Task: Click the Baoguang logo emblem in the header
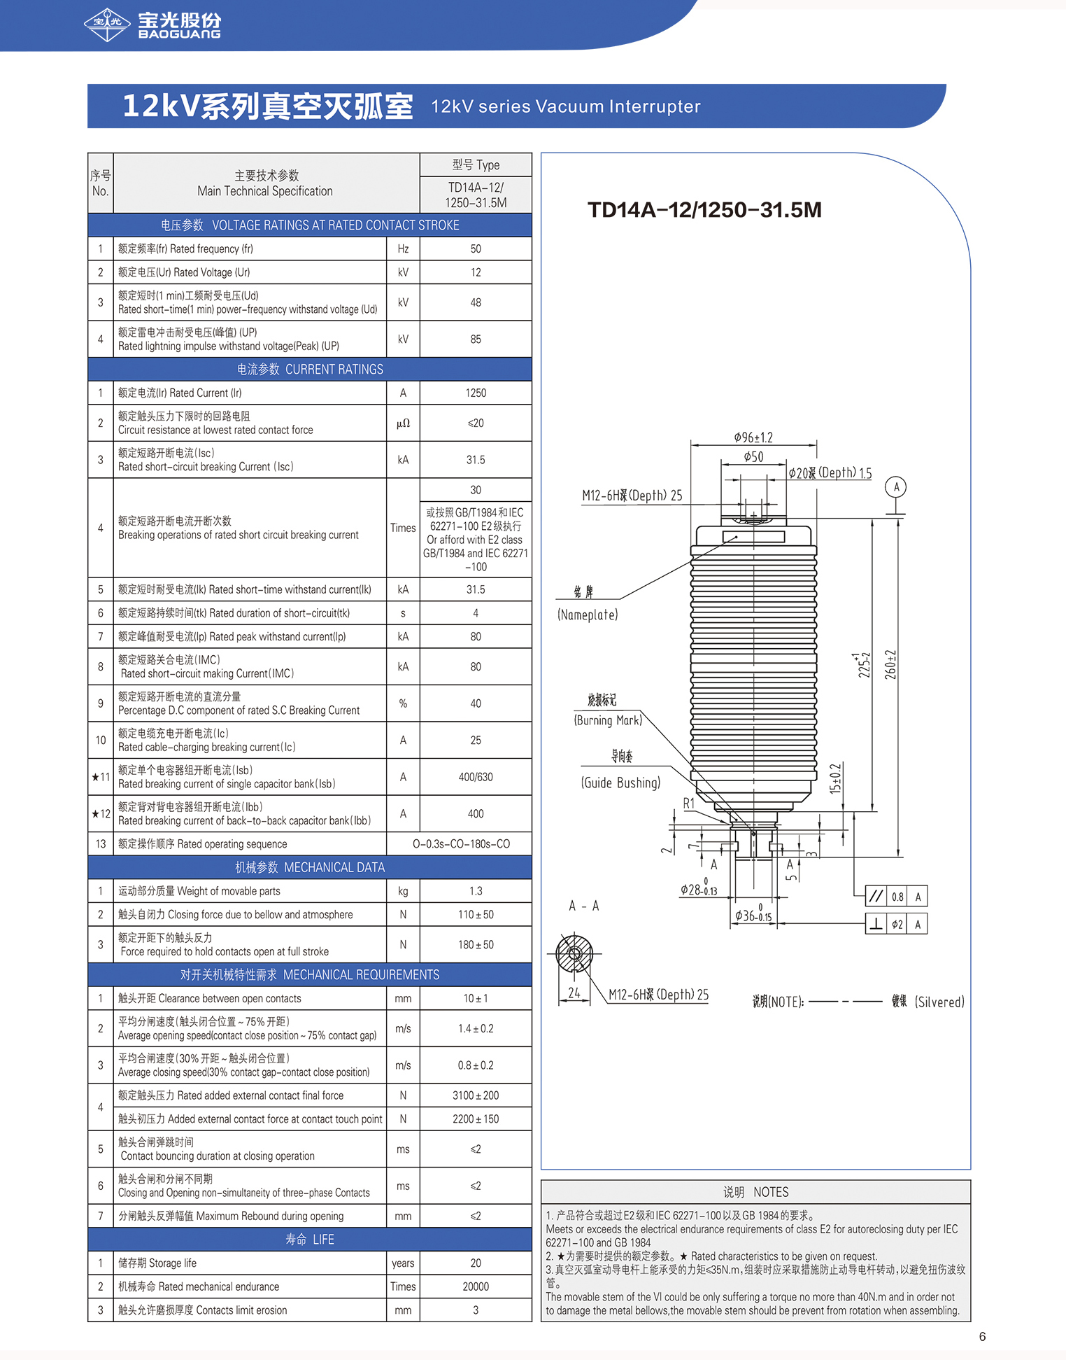107,25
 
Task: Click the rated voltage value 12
476,272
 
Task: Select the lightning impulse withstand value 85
476,339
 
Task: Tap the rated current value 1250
476,393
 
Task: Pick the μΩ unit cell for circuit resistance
403,423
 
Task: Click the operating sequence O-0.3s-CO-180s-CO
462,844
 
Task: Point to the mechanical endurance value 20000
476,1287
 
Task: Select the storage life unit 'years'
403,1263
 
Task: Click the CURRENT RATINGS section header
310,370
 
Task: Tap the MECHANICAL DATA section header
310,867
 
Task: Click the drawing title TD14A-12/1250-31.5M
704,210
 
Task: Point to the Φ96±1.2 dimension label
753,437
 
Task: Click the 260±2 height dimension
890,664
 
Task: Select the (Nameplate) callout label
588,615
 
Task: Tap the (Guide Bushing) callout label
620,783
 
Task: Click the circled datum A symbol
896,487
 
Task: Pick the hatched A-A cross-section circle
574,953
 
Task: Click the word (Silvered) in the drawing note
939,1002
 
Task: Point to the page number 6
982,1336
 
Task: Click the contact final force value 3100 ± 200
476,1095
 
